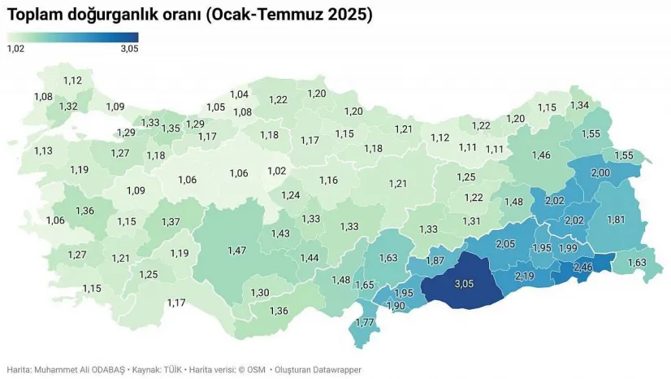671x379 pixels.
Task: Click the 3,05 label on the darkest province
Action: (462, 285)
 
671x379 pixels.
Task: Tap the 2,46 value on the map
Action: (583, 267)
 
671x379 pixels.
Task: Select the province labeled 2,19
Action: (525, 277)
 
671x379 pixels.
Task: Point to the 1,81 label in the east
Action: (617, 219)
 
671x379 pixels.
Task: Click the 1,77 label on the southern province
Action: (366, 323)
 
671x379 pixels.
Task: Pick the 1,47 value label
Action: (236, 250)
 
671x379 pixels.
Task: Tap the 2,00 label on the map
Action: (600, 173)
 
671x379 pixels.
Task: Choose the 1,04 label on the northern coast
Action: (239, 94)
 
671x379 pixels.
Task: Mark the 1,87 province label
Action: (435, 260)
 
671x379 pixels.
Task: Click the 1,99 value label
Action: (569, 248)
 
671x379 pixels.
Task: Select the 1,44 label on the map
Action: (310, 258)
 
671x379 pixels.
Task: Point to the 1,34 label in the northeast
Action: (579, 106)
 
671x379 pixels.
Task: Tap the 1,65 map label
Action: (365, 285)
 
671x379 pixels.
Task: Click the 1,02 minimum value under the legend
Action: (15, 49)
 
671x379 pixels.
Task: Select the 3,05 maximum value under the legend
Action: (129, 49)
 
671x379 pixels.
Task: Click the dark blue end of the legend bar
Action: (134, 37)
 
